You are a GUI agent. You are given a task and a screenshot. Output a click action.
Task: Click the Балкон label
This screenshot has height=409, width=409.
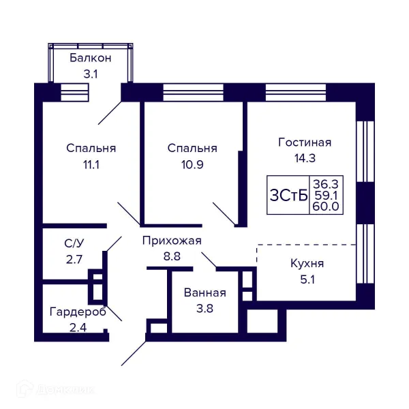pyautogui.click(x=91, y=59)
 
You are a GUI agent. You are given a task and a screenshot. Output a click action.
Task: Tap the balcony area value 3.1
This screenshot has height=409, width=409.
pyautogui.click(x=91, y=74)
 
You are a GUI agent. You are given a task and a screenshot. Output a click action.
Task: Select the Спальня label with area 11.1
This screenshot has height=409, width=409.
pyautogui.click(x=91, y=148)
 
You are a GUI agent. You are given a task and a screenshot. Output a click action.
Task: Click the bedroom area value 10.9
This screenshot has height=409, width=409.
pyautogui.click(x=192, y=164)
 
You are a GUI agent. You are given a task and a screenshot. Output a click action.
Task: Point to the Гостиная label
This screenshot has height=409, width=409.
pyautogui.click(x=305, y=142)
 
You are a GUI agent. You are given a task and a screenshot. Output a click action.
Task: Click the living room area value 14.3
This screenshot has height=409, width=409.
pyautogui.click(x=305, y=158)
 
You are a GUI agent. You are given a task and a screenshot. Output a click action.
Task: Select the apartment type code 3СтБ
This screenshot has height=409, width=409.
pyautogui.click(x=288, y=195)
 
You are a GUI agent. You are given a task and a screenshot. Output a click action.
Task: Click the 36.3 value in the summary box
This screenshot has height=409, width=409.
pyautogui.click(x=325, y=183)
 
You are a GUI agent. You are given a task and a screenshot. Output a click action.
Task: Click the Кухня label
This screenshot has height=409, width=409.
pyautogui.click(x=307, y=263)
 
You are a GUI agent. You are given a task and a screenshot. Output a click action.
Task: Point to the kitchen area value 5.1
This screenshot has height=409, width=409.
pyautogui.click(x=307, y=278)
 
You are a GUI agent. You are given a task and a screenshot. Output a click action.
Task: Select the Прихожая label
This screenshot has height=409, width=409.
pyautogui.click(x=172, y=241)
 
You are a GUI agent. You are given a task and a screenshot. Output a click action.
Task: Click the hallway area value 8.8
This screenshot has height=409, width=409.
pyautogui.click(x=172, y=256)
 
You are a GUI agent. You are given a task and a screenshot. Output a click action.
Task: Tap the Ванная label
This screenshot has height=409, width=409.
pyautogui.click(x=204, y=293)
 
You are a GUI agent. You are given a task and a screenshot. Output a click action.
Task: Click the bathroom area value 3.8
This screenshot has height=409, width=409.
pyautogui.click(x=204, y=308)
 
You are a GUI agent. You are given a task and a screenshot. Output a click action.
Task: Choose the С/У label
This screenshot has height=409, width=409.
pyautogui.click(x=74, y=243)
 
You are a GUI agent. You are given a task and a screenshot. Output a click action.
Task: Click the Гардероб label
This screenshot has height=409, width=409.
pyautogui.click(x=78, y=312)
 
